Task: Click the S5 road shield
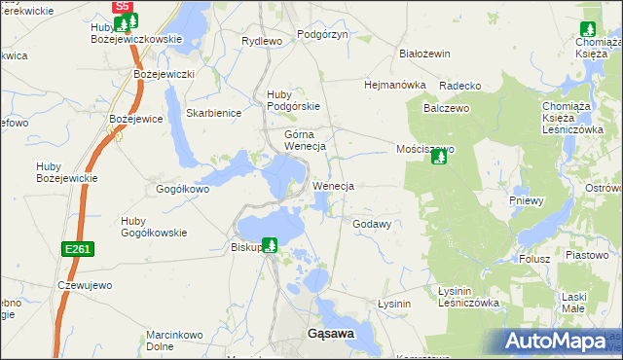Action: (122, 6)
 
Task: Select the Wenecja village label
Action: (333, 185)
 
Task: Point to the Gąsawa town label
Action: (330, 333)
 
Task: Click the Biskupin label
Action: (247, 246)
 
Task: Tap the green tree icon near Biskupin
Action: (270, 245)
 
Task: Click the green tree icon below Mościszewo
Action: (439, 157)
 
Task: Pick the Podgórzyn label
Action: (322, 34)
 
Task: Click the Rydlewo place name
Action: (261, 41)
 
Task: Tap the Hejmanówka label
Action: (395, 85)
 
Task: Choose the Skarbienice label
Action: (213, 113)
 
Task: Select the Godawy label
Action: (372, 224)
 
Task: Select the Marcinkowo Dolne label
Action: (173, 340)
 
